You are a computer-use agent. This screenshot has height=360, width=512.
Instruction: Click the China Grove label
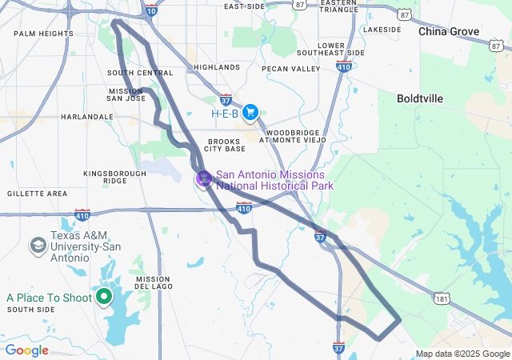449,32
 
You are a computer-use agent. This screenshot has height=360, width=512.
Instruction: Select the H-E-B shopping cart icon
250,113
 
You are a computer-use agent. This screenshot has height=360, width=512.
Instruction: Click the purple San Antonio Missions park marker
204,178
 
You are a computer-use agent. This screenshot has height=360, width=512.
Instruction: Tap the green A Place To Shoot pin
103,298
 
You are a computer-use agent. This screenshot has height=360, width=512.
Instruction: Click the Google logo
27,350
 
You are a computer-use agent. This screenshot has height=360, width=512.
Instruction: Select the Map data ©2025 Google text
462,354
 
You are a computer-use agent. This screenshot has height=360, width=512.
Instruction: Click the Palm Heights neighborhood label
43,34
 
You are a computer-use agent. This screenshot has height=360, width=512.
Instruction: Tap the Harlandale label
87,117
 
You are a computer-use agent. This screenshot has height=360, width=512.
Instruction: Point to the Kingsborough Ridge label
115,177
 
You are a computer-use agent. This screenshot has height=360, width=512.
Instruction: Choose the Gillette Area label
37,194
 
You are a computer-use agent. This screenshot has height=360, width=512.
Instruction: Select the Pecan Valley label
290,69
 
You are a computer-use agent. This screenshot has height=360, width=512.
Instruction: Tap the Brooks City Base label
224,146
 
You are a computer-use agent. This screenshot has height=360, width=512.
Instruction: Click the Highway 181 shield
441,298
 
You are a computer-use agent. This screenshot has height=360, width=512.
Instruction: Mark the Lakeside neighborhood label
381,30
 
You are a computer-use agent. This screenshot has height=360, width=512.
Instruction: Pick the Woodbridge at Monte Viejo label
294,136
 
